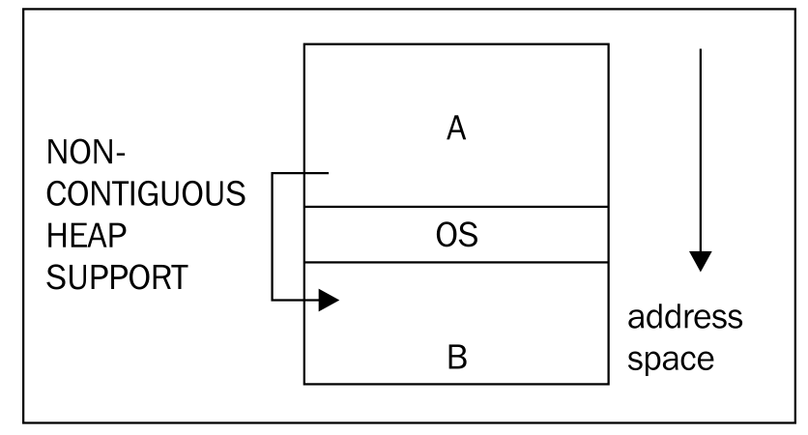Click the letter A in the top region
(x=457, y=130)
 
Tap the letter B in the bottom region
(x=457, y=357)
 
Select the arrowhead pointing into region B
(x=329, y=302)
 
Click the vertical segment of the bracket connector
(x=272, y=238)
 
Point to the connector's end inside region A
(x=331, y=174)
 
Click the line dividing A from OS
(x=457, y=207)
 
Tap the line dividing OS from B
(x=457, y=262)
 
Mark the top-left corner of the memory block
(x=305, y=43)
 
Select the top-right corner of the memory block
(x=609, y=43)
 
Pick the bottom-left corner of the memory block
(x=305, y=383)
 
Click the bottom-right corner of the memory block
(x=609, y=383)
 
